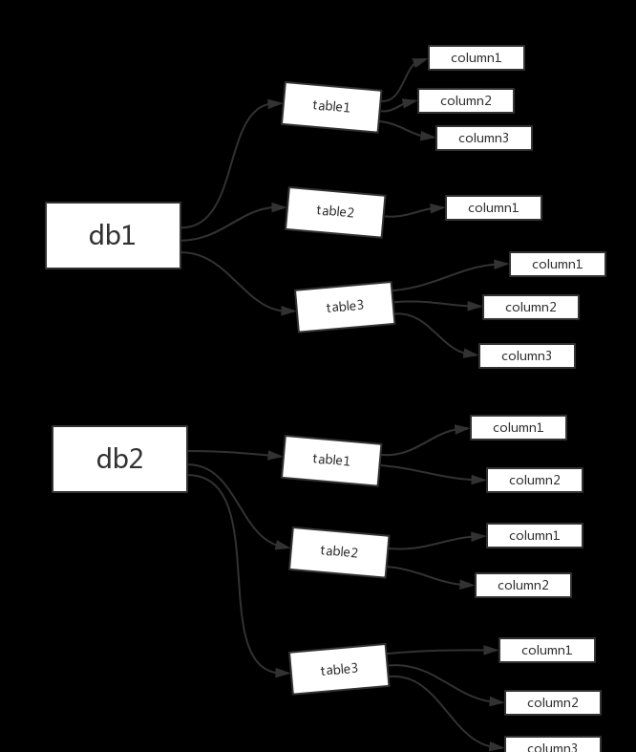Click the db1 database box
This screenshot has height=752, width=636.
[x=113, y=235]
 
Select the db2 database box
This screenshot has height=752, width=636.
[x=119, y=459]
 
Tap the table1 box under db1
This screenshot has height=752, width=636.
[x=331, y=107]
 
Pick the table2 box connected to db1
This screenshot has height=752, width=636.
[x=335, y=212]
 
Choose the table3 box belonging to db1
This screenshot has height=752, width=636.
[x=345, y=307]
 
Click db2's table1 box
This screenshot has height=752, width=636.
[x=331, y=461]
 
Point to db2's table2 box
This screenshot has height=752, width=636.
[x=339, y=552]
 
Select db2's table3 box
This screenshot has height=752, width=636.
[x=339, y=669]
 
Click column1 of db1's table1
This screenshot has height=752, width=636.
[x=477, y=58]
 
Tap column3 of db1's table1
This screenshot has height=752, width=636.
[x=484, y=139]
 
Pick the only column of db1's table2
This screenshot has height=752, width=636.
[x=494, y=208]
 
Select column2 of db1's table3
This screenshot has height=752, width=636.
[x=531, y=308]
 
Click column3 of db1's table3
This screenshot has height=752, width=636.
[x=527, y=356]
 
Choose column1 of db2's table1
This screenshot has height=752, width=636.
[x=519, y=428]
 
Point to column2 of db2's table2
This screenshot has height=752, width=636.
[x=523, y=586]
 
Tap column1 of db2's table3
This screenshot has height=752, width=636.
[x=547, y=651]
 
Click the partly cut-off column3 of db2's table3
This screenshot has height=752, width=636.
[x=553, y=744]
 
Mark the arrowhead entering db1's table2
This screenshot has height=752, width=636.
[x=279, y=207]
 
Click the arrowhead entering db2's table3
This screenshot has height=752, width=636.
[x=283, y=673]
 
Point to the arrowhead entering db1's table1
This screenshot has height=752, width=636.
[x=275, y=104]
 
